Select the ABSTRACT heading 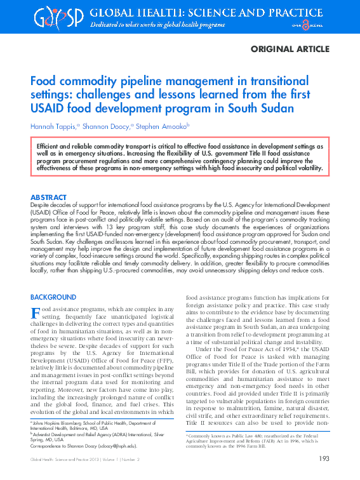pos(48,197)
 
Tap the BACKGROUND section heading pos(53,297)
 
